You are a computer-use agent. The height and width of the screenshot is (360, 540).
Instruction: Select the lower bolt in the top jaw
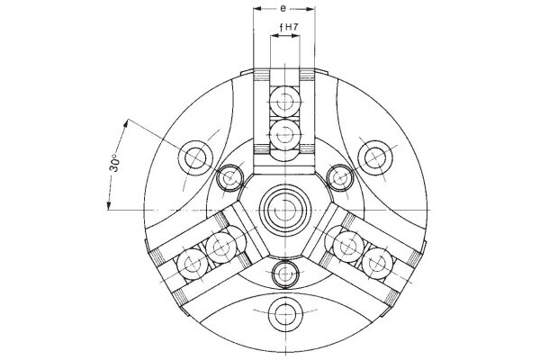pyautogui.click(x=285, y=134)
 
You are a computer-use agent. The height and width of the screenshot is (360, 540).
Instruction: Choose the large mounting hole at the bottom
pyautogui.click(x=284, y=313)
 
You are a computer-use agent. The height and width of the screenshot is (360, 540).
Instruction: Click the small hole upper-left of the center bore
pyautogui.click(x=229, y=177)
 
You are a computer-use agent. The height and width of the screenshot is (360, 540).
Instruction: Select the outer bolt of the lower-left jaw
pyautogui.click(x=191, y=264)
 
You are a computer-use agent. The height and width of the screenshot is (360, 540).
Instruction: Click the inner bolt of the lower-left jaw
pyautogui.click(x=220, y=246)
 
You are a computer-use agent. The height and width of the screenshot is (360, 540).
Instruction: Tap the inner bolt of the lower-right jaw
pyautogui.click(x=346, y=246)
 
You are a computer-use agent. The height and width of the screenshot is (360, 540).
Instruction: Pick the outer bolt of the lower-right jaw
pyautogui.click(x=378, y=264)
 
